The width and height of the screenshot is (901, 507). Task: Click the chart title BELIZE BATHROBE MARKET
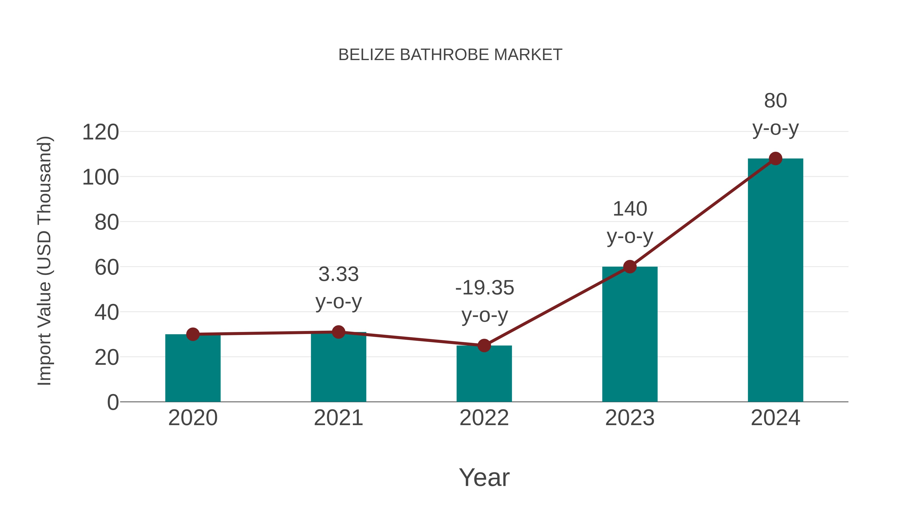tap(450, 55)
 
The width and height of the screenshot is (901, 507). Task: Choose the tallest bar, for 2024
tap(775, 280)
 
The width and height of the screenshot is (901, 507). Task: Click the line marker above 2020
tap(193, 334)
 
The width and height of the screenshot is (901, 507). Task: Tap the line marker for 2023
tap(630, 267)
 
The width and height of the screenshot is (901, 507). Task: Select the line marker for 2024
tap(775, 158)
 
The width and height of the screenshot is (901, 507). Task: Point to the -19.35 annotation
tap(485, 288)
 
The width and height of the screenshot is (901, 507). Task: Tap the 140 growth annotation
tap(630, 209)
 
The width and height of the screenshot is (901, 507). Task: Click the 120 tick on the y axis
tap(100, 133)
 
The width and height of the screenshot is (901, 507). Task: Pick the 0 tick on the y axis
tap(113, 402)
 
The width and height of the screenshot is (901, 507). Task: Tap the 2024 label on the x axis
tap(775, 418)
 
